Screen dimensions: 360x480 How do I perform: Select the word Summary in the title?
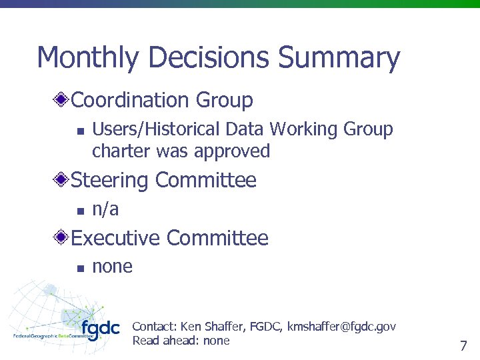pyautogui.click(x=339, y=59)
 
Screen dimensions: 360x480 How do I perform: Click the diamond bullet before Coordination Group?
pyautogui.click(x=61, y=101)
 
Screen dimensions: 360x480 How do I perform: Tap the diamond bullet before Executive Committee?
pyautogui.click(x=61, y=238)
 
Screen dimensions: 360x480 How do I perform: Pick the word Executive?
pyautogui.click(x=116, y=238)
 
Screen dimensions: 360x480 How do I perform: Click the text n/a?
pyautogui.click(x=105, y=209)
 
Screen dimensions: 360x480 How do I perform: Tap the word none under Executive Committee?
pyautogui.click(x=112, y=267)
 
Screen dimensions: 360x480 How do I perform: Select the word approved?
pyautogui.click(x=232, y=151)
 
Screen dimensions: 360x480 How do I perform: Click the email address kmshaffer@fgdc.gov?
pyautogui.click(x=341, y=327)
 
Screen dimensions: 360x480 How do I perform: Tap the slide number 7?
pyautogui.click(x=463, y=346)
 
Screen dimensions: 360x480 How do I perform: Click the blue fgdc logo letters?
pyautogui.click(x=100, y=329)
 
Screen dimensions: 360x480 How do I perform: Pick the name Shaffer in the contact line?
pyautogui.click(x=225, y=327)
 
